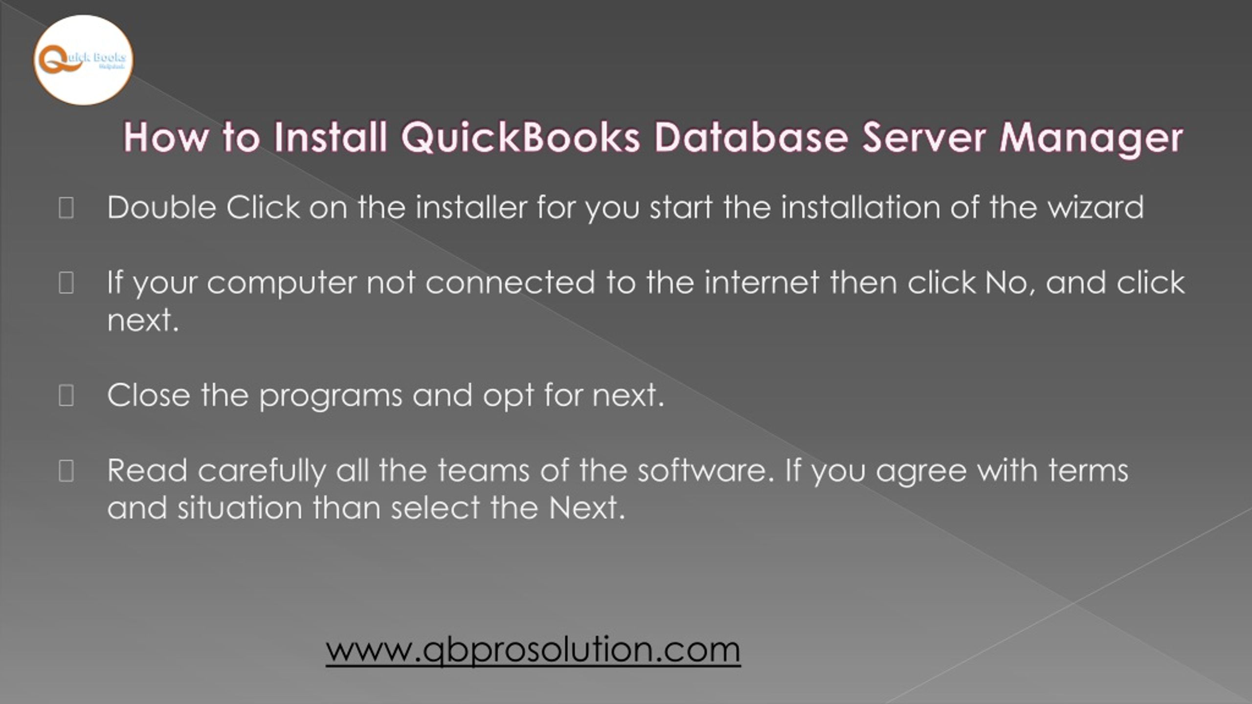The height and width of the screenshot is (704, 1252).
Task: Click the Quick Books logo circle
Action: click(83, 60)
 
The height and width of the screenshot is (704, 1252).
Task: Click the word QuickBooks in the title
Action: click(520, 137)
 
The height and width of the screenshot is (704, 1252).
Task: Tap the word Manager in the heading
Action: click(1091, 138)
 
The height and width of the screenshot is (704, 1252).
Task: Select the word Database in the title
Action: click(751, 137)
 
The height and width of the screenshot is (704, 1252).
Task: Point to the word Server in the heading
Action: click(923, 137)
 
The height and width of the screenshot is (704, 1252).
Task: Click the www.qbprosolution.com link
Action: click(533, 650)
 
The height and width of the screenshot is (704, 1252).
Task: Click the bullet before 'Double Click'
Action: click(66, 208)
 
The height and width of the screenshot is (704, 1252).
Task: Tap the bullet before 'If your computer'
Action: click(66, 283)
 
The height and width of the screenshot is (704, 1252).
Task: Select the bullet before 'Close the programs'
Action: click(66, 396)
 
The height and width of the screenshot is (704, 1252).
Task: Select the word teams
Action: click(483, 470)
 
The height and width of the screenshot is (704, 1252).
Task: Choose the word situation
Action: click(240, 508)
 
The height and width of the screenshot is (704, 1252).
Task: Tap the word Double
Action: click(161, 207)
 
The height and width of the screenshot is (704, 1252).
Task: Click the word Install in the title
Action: click(331, 137)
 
